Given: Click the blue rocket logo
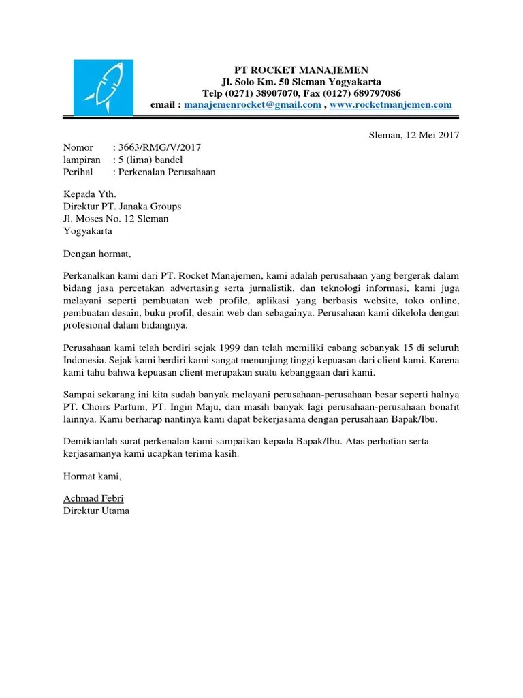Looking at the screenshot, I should pyautogui.click(x=104, y=88).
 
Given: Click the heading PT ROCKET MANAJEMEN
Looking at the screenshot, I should pyautogui.click(x=301, y=70).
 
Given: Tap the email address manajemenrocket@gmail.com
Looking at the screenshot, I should pyautogui.click(x=253, y=105).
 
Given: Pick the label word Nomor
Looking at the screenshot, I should pyautogui.click(x=78, y=147).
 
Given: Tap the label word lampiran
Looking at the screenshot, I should pyautogui.click(x=81, y=160).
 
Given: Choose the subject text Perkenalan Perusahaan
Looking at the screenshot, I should pyautogui.click(x=167, y=172).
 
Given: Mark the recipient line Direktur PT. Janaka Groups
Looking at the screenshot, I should pyautogui.click(x=122, y=207).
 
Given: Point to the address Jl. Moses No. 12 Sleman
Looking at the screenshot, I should pyautogui.click(x=116, y=219).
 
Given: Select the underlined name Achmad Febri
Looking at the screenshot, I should pyautogui.click(x=94, y=499).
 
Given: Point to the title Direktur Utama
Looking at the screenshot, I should pyautogui.click(x=96, y=511).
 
